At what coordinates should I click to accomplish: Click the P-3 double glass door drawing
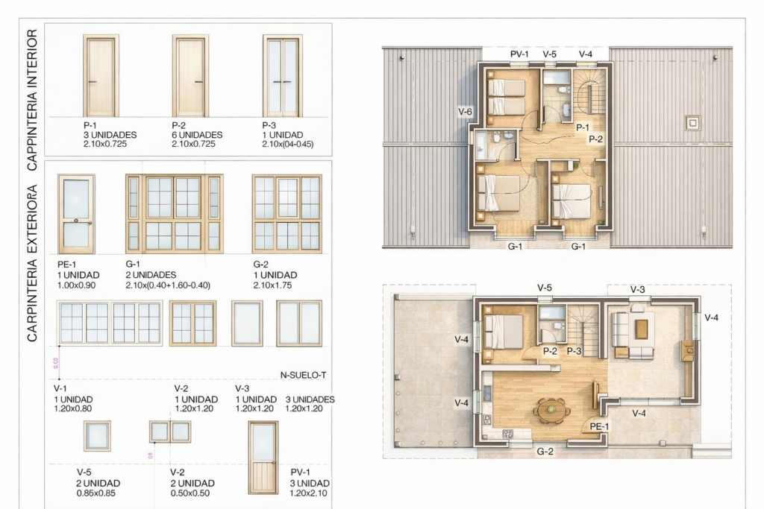point(283,75)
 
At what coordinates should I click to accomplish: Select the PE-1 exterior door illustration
point(77,214)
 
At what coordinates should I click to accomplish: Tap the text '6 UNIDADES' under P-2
point(197,135)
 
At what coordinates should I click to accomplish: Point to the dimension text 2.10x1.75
point(272,285)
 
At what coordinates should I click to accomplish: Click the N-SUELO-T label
point(303,375)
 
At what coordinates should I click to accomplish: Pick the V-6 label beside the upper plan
point(465,112)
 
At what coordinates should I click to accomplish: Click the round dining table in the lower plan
point(551,410)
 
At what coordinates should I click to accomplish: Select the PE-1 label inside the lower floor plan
point(599,426)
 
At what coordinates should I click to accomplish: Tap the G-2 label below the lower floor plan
point(545,451)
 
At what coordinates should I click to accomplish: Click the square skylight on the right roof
point(693,123)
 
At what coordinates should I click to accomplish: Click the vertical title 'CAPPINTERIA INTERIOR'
point(32,100)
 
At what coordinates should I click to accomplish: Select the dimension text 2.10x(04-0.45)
point(287,144)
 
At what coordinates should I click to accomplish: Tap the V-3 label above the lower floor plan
point(637,290)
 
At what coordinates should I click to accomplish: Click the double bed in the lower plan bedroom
point(504,332)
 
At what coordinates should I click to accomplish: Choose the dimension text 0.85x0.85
point(96,493)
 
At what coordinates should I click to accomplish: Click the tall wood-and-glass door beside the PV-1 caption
point(263,458)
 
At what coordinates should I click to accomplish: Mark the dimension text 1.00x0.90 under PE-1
point(77,285)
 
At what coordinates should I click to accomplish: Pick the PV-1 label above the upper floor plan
point(519,54)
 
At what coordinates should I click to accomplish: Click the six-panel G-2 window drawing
point(287,214)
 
